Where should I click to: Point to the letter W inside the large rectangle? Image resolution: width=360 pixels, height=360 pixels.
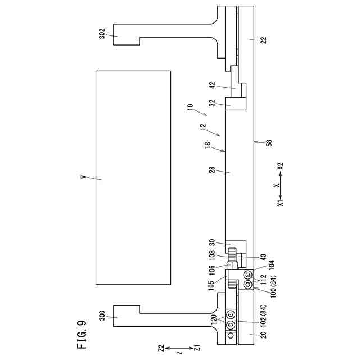point(83,178)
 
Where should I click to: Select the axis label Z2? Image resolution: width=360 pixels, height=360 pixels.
point(161,348)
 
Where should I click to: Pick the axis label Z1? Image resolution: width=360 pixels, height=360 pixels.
point(197,348)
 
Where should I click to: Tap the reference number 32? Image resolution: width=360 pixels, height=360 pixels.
point(212,103)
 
